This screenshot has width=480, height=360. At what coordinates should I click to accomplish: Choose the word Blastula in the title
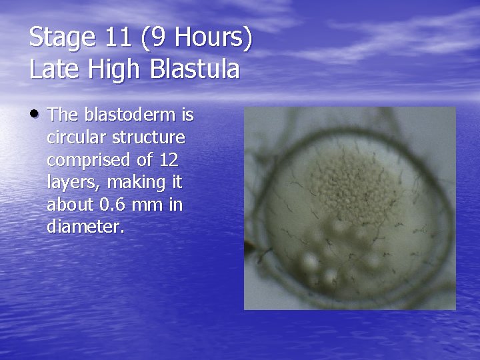tap(197, 69)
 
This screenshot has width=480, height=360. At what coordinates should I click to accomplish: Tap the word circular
tap(74, 137)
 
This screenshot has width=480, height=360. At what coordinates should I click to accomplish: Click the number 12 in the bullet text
tap(171, 160)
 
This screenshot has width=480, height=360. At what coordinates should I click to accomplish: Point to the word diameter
tap(85, 227)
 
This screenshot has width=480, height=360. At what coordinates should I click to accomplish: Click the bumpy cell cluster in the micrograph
tap(347, 181)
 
